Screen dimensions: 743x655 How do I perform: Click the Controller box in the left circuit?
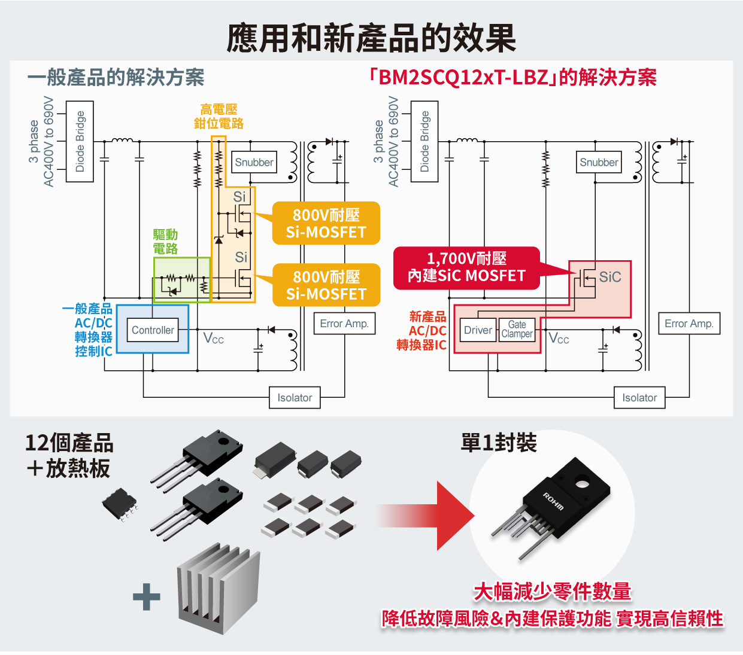pyautogui.click(x=153, y=330)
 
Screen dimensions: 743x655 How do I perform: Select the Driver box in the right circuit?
pyautogui.click(x=478, y=330)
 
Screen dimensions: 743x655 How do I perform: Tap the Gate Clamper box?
pyautogui.click(x=517, y=330)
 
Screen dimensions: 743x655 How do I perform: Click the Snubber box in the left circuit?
pyautogui.click(x=254, y=162)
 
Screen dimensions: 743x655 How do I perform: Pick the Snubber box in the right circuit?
pyautogui.click(x=599, y=162)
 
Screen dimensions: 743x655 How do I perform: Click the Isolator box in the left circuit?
pyautogui.click(x=295, y=397)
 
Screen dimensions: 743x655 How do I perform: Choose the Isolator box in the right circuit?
pyautogui.click(x=639, y=397)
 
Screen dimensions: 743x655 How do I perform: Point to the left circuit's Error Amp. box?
pyautogui.click(x=344, y=323)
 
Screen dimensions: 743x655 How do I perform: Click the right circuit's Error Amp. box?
pyautogui.click(x=689, y=323)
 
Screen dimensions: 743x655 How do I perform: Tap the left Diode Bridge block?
pyautogui.click(x=80, y=142)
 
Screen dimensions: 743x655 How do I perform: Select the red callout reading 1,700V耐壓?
pyautogui.click(x=466, y=268)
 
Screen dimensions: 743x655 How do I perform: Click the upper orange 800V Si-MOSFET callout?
pyautogui.click(x=326, y=223)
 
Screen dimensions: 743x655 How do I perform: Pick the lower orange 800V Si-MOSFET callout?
pyautogui.click(x=326, y=285)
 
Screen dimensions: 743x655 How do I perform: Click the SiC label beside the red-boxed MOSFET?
pyautogui.click(x=610, y=277)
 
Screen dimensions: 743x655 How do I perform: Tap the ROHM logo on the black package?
pyautogui.click(x=553, y=501)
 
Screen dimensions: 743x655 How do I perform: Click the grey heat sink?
pyautogui.click(x=219, y=588)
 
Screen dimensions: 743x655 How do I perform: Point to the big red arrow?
pyautogui.click(x=426, y=516)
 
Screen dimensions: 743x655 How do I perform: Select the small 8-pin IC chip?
pyautogui.click(x=120, y=504)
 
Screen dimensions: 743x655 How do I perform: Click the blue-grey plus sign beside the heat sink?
pyautogui.click(x=146, y=596)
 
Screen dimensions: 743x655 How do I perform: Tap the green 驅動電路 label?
pyautogui.click(x=165, y=241)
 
